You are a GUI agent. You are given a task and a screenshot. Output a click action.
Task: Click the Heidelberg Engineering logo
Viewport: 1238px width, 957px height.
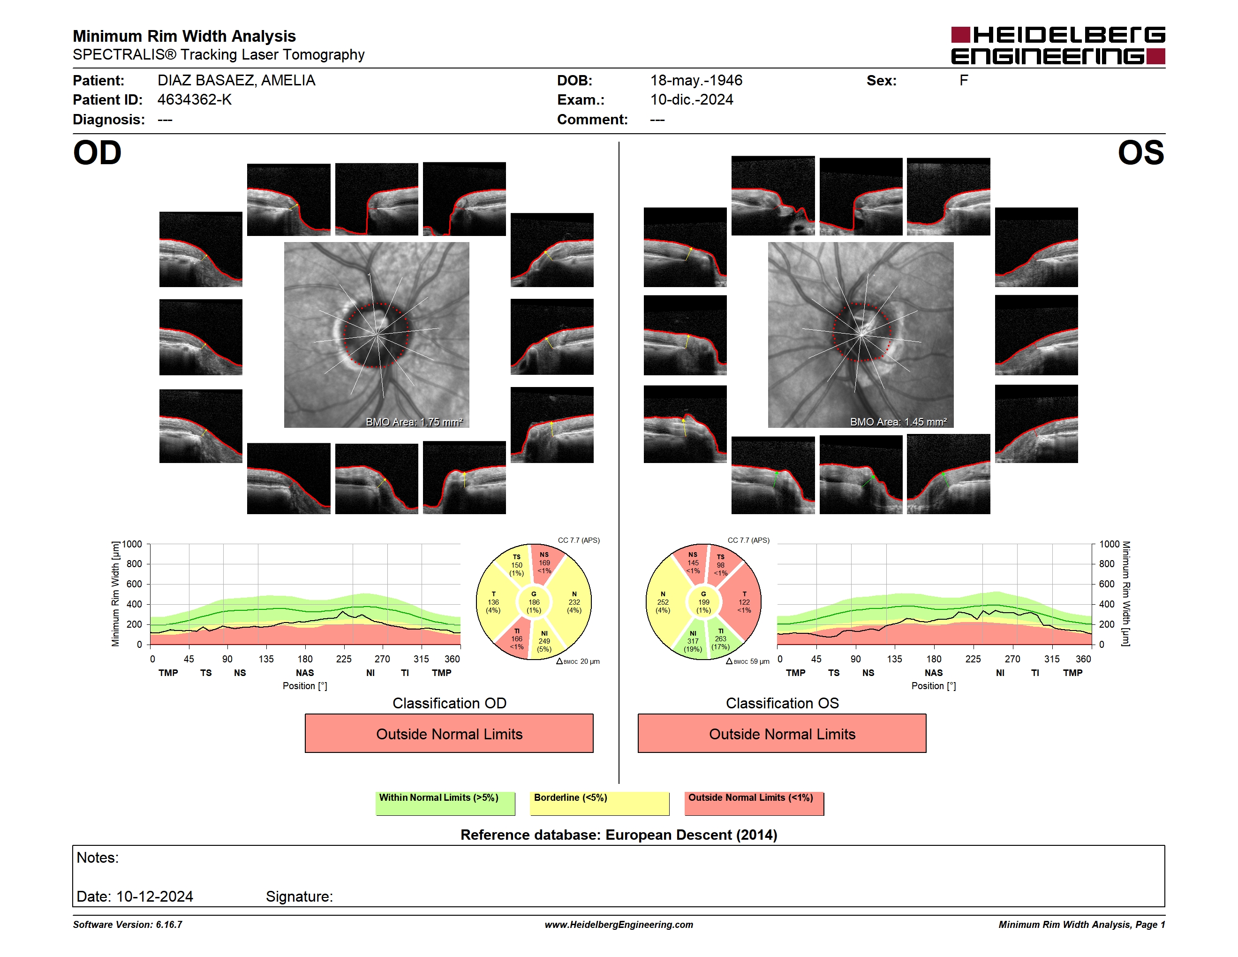pyautogui.click(x=1058, y=46)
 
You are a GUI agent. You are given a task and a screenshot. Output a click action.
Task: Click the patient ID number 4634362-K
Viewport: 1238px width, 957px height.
pyautogui.click(x=195, y=100)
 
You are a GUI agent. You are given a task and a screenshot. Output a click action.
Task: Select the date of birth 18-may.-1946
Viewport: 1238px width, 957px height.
pyautogui.click(x=696, y=81)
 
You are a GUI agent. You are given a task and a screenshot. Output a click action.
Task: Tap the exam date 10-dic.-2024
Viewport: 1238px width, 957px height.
pyautogui.click(x=692, y=100)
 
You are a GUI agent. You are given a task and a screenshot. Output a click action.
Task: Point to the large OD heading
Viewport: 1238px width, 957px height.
pyautogui.click(x=97, y=153)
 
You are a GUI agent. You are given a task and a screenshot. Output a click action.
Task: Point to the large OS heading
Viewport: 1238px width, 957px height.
pyautogui.click(x=1140, y=153)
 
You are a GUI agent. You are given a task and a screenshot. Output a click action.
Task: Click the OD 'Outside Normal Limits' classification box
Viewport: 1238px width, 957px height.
pyautogui.click(x=449, y=733)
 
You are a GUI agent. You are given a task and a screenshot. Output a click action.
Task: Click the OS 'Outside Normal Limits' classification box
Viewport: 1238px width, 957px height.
pyautogui.click(x=782, y=733)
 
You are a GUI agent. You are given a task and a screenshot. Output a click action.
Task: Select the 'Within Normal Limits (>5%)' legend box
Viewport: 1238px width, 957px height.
pyautogui.click(x=445, y=803)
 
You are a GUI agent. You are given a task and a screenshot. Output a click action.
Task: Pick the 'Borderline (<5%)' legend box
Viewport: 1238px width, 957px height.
pyautogui.click(x=599, y=803)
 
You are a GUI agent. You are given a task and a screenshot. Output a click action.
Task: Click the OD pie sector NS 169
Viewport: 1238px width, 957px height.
pyautogui.click(x=545, y=563)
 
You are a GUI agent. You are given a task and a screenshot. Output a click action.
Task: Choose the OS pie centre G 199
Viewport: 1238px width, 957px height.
pyautogui.click(x=703, y=602)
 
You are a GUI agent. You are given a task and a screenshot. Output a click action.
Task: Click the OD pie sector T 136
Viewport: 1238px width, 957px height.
pyautogui.click(x=494, y=602)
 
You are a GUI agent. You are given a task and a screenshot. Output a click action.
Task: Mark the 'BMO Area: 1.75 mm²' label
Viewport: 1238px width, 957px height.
pyautogui.click(x=415, y=422)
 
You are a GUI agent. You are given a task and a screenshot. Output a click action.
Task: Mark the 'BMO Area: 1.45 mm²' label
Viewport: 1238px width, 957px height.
pyautogui.click(x=898, y=422)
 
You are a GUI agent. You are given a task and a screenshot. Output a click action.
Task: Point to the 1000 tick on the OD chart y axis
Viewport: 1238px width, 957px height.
pyautogui.click(x=132, y=544)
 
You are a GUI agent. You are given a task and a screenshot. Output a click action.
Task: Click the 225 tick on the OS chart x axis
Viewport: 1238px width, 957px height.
pyautogui.click(x=973, y=659)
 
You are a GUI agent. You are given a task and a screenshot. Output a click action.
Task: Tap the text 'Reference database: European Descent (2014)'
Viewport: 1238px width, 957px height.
pyautogui.click(x=619, y=835)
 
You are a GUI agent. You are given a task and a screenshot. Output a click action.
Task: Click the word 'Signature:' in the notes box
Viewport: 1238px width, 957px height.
pyautogui.click(x=299, y=896)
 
